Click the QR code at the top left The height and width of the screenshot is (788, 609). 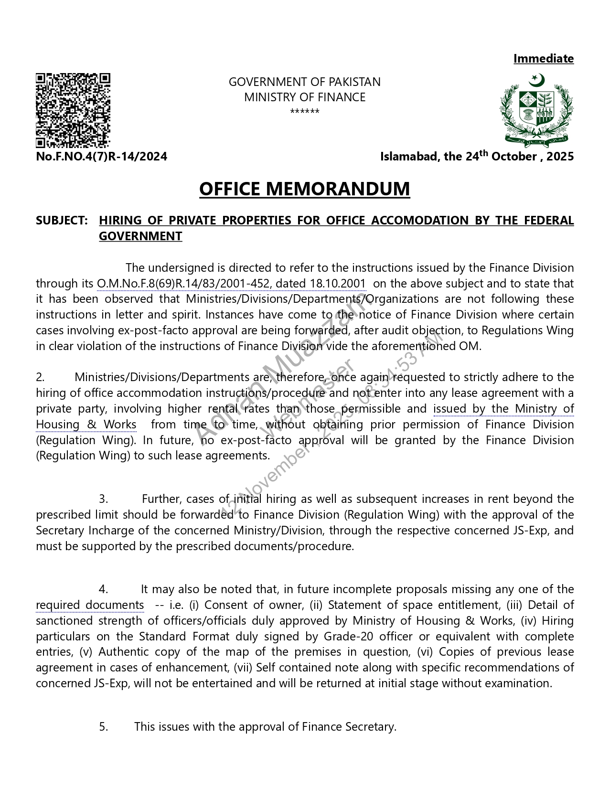pyautogui.click(x=73, y=110)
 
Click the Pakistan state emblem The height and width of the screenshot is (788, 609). pyautogui.click(x=536, y=109)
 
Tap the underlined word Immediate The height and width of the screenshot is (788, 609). pyautogui.click(x=543, y=59)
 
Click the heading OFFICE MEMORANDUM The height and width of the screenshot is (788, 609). pyautogui.click(x=304, y=189)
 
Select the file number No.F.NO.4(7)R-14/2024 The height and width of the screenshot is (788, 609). pyautogui.click(x=102, y=157)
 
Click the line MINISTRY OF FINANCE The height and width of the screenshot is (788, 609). pyautogui.click(x=304, y=97)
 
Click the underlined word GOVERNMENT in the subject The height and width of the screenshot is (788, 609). pyautogui.click(x=140, y=236)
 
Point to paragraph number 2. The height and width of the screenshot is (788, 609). pyautogui.click(x=40, y=377)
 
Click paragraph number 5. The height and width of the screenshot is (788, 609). pyautogui.click(x=103, y=727)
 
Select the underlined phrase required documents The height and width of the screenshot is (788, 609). pyautogui.click(x=90, y=605)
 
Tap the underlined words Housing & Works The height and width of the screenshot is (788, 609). pyautogui.click(x=86, y=425)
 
